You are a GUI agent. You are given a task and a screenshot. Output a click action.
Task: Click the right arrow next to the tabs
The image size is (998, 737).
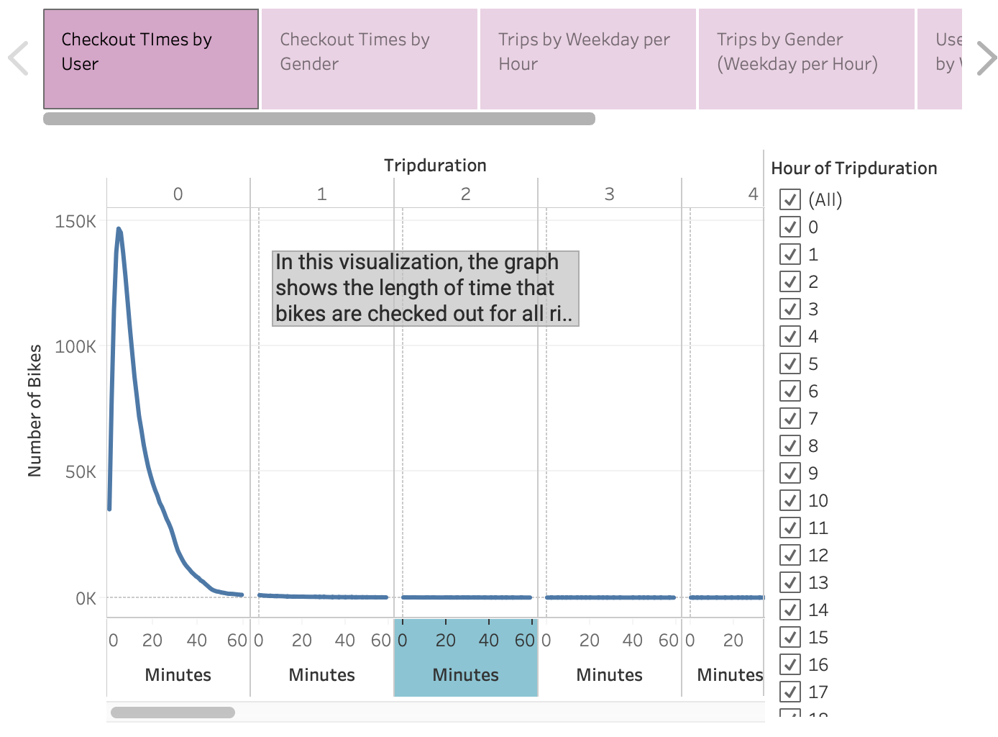(986, 58)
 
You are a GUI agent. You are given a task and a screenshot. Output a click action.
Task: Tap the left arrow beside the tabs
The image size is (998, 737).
(18, 58)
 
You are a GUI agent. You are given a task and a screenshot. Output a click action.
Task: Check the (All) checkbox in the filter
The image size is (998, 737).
(790, 199)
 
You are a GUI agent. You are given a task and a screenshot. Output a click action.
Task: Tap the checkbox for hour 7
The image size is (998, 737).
(790, 418)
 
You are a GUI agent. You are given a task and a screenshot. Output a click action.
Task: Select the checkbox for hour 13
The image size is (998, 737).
(790, 582)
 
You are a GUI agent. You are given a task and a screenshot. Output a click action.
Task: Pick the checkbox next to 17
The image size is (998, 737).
(790, 692)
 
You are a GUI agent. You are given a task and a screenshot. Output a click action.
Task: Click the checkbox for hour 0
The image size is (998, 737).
(790, 227)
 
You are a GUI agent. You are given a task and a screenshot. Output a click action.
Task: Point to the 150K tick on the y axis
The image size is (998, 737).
(75, 221)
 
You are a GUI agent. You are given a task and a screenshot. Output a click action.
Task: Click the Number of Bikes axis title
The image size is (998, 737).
(35, 410)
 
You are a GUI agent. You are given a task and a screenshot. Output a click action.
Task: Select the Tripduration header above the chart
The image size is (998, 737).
(435, 166)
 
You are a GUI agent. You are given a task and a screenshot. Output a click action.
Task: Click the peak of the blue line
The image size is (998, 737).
(119, 230)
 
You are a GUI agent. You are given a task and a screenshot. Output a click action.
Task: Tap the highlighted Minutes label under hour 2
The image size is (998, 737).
(465, 674)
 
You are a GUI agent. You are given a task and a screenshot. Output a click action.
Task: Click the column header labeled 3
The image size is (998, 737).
(609, 194)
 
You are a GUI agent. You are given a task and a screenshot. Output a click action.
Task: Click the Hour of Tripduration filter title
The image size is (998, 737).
(853, 168)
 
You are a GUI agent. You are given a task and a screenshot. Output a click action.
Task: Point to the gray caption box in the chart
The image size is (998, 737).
(426, 288)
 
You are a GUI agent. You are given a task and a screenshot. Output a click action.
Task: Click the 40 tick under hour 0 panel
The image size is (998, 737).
(196, 640)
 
